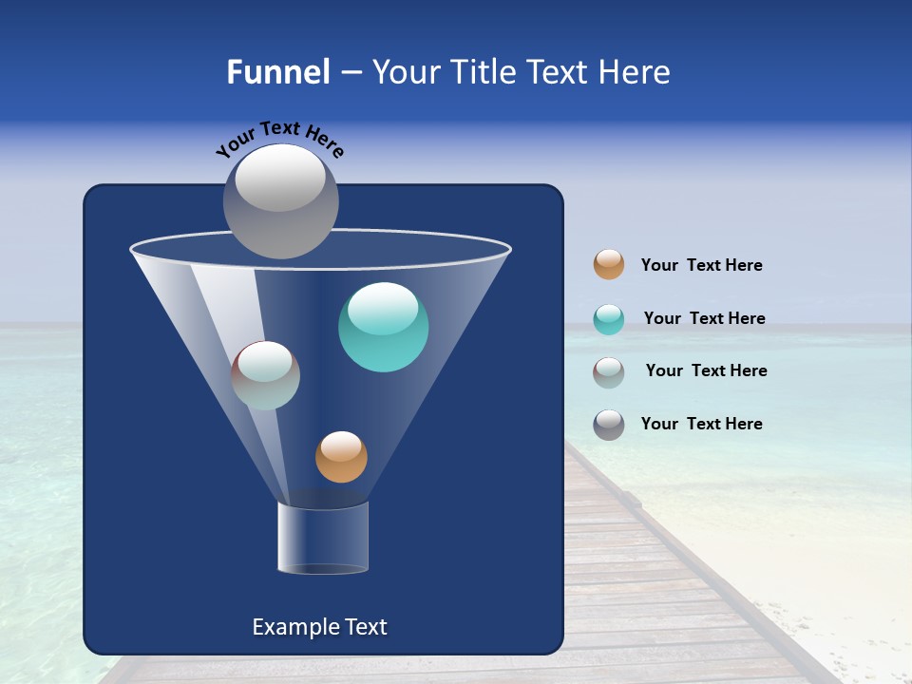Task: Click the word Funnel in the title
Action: point(277,72)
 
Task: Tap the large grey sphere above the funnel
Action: point(280,200)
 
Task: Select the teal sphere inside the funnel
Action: point(384,327)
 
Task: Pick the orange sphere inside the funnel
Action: point(341,457)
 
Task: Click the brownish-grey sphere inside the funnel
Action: point(266,375)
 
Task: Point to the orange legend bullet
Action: point(609,265)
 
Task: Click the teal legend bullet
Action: point(609,319)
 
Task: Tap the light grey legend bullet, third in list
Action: point(609,372)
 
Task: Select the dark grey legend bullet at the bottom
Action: point(609,425)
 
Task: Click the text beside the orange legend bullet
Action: point(701,266)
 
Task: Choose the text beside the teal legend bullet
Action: point(704,318)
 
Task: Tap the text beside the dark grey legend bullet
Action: point(701,424)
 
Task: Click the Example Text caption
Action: point(319,627)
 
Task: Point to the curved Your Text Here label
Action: point(279,139)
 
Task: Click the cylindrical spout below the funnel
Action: point(323,539)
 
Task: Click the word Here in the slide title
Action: point(634,72)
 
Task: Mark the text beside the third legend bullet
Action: point(706,370)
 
